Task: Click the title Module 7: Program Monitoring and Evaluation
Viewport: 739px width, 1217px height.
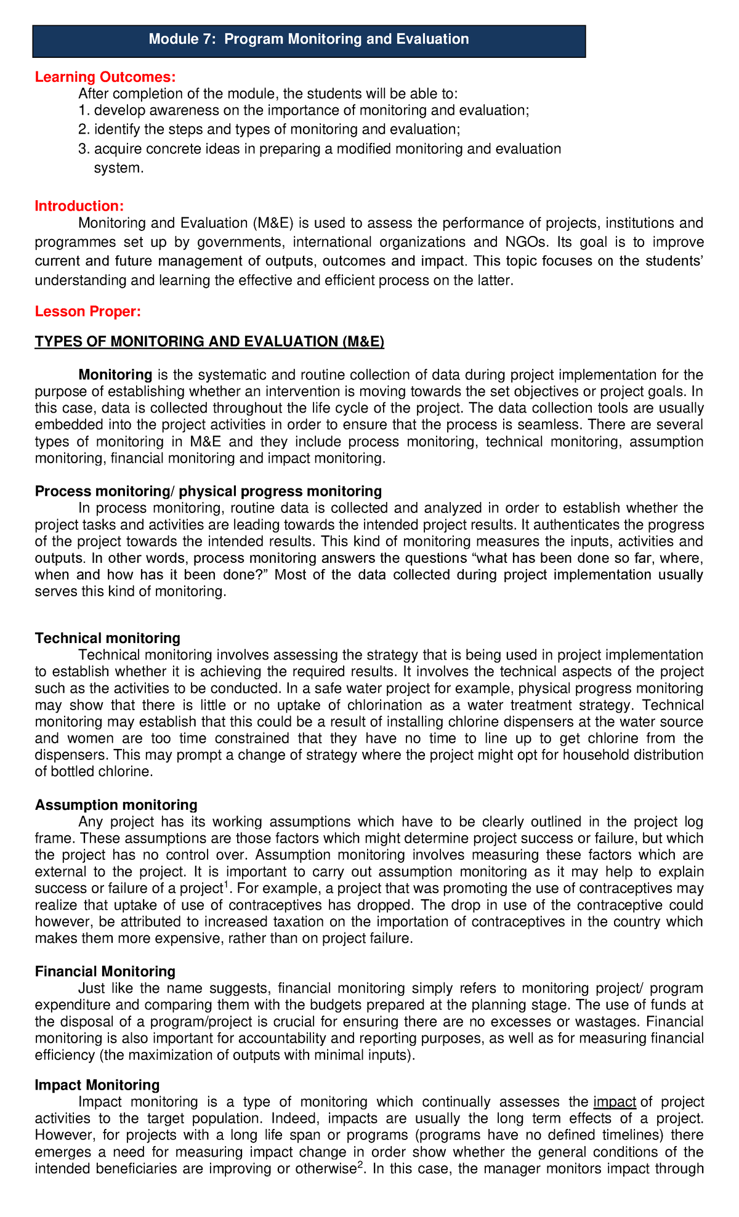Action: [309, 39]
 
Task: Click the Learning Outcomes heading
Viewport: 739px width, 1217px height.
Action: [105, 77]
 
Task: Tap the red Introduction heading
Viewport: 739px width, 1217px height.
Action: [79, 206]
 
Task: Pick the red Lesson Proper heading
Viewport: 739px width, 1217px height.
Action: [88, 312]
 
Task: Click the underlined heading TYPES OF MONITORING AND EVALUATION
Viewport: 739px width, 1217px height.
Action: [209, 342]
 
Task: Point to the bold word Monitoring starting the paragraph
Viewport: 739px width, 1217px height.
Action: [115, 374]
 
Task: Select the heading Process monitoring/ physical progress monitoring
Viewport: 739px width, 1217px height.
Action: [208, 491]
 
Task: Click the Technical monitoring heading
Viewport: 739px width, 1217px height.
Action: [108, 638]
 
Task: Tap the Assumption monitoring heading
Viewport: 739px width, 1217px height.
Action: [116, 805]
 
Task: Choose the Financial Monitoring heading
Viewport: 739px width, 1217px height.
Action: [105, 971]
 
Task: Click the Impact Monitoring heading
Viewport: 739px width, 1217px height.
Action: [97, 1085]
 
